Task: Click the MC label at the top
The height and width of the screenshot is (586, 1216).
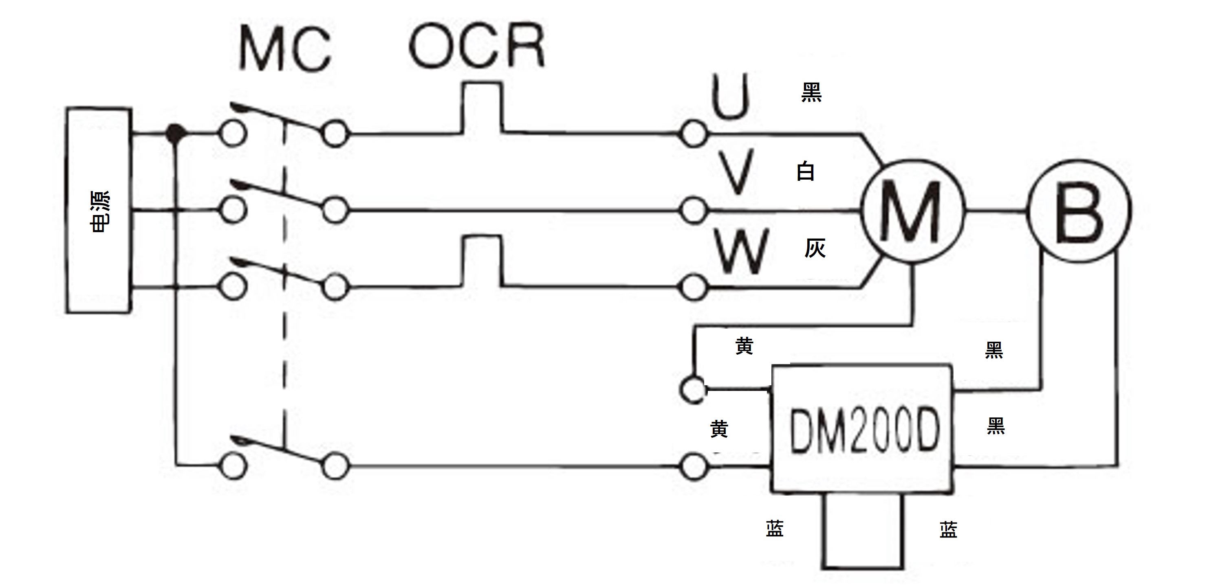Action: pyautogui.click(x=286, y=49)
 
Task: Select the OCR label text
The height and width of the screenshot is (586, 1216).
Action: pyautogui.click(x=477, y=45)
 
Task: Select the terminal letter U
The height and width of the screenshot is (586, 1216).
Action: pyautogui.click(x=730, y=96)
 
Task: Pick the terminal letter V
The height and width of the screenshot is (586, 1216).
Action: pyautogui.click(x=737, y=172)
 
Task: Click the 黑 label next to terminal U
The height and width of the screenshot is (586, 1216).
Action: pyautogui.click(x=811, y=92)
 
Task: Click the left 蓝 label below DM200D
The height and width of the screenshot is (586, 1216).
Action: pyautogui.click(x=775, y=529)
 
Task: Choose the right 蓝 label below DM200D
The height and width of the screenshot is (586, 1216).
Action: pyautogui.click(x=948, y=530)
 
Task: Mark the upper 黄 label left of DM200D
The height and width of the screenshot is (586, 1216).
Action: pyautogui.click(x=745, y=346)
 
